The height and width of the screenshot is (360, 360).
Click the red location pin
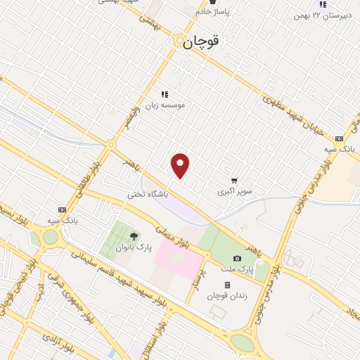point(181,165)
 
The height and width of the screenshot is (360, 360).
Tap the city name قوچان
point(201,42)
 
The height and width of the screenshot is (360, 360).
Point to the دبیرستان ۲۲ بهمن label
point(321,14)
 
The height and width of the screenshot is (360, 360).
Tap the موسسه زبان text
point(165,105)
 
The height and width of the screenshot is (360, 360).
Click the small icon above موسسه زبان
point(165,94)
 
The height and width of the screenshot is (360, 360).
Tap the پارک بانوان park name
point(134,248)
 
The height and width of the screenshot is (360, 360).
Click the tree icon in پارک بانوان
point(134,236)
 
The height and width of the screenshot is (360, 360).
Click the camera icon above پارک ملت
point(237,259)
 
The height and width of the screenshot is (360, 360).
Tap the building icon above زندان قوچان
point(226,285)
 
